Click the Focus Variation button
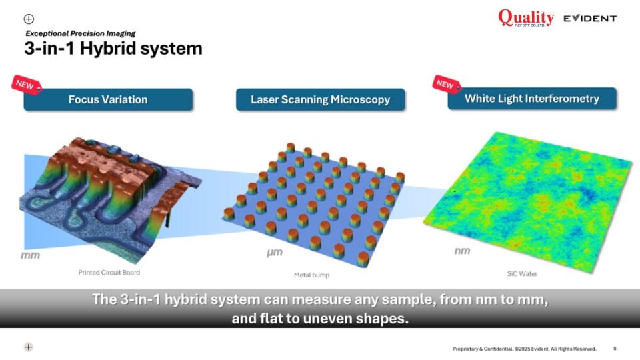108,99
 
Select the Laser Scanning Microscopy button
321,99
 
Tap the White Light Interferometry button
532,99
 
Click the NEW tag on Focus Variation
27,85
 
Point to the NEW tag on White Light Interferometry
447,84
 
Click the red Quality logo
526,18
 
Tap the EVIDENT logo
590,19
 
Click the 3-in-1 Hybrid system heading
113,48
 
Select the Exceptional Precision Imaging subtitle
81,33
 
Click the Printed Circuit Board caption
109,272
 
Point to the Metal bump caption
311,275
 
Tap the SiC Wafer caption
522,274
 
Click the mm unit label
31,255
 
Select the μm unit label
274,253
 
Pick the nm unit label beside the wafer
463,251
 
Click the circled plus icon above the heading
29,19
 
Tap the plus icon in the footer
28,347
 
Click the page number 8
615,349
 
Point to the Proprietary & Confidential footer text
525,349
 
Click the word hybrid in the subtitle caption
185,299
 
